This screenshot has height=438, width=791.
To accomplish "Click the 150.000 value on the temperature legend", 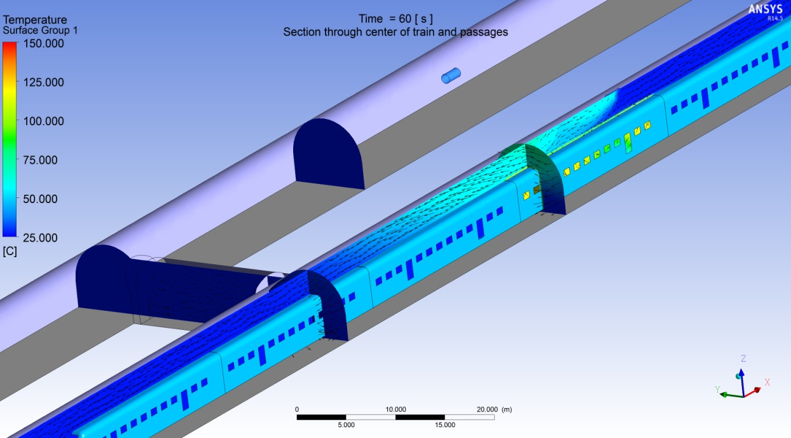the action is pos(43,43).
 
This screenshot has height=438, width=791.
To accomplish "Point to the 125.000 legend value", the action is pos(43,82).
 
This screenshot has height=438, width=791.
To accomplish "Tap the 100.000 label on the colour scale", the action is pos(43,121).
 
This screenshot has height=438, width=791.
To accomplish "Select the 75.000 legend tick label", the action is pos(40,160).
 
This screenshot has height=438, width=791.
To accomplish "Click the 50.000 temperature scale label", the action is pos(40,199).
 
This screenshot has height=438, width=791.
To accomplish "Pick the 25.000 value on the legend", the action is pos(40,238).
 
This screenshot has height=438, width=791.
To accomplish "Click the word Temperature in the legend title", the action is pos(35,20).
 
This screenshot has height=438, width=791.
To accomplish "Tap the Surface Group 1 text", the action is pos(40,31).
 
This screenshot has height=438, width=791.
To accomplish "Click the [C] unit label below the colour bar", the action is pos(10,251).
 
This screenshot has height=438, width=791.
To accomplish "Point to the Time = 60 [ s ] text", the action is pos(395,18).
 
